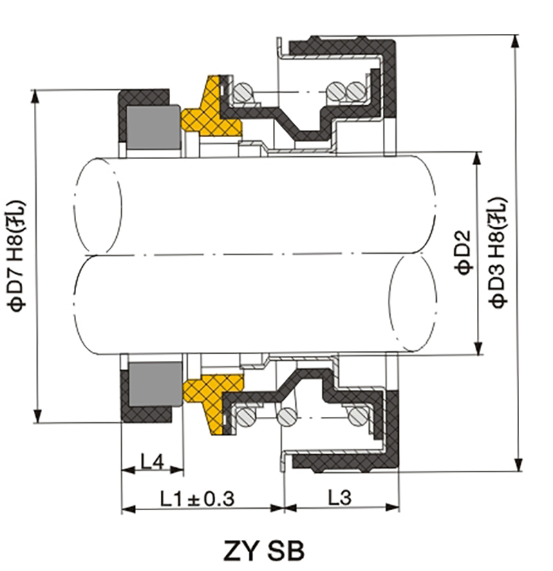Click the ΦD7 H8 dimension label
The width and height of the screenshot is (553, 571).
[17, 255]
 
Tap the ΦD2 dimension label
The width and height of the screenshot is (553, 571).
[463, 252]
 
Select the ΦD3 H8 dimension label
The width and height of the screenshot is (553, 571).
[498, 252]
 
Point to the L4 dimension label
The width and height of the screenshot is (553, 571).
[152, 462]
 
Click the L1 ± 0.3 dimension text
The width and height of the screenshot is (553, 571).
[197, 498]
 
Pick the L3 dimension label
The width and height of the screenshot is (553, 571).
[340, 498]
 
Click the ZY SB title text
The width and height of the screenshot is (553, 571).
[263, 550]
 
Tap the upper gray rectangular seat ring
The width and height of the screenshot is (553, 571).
[153, 127]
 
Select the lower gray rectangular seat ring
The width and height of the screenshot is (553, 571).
[156, 384]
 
